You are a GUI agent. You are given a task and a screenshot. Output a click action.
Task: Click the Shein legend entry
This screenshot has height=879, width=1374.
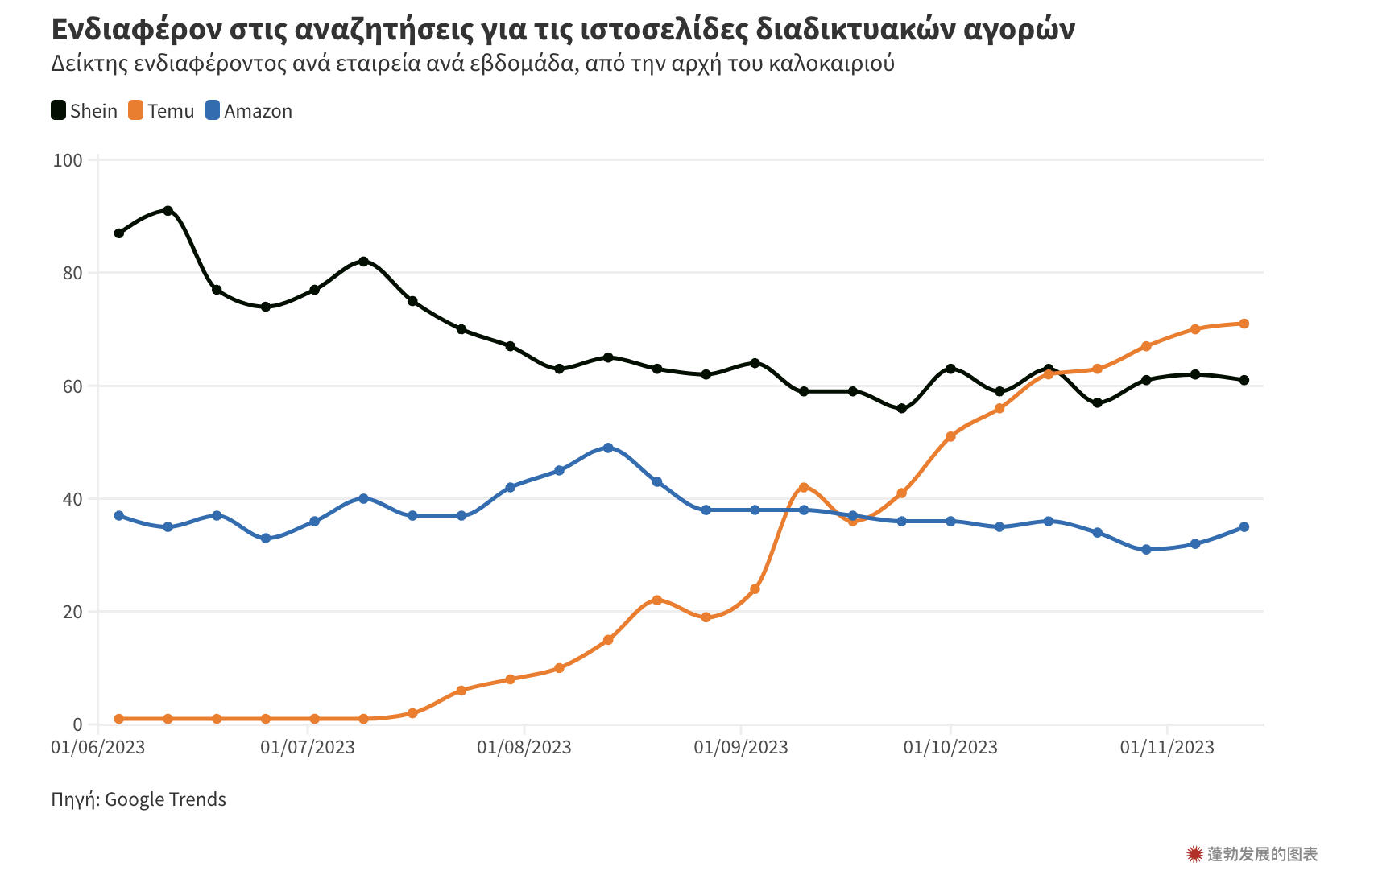click(x=85, y=111)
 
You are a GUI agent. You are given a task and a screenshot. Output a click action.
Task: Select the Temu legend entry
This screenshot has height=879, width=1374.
click(x=162, y=111)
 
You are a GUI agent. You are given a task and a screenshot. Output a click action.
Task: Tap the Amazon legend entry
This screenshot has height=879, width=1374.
click(x=249, y=111)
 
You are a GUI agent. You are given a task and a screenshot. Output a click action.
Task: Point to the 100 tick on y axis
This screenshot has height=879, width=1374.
click(x=68, y=160)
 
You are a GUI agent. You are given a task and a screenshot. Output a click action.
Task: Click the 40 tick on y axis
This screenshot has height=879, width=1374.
click(x=72, y=499)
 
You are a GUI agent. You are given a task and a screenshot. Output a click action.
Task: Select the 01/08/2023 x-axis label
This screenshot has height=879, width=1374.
click(x=524, y=748)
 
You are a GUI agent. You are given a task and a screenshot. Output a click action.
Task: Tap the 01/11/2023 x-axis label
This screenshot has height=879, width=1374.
click(x=1166, y=748)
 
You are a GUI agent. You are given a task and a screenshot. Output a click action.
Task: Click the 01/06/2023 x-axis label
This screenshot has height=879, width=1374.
click(x=97, y=748)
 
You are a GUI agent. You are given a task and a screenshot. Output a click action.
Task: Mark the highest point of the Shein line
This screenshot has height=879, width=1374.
click(x=168, y=211)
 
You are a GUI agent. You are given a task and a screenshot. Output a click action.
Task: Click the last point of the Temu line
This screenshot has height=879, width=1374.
click(x=1244, y=324)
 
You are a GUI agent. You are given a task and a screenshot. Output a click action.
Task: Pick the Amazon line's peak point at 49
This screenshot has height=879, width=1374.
click(x=608, y=448)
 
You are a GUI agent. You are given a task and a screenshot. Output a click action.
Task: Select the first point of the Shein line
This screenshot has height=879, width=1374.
click(x=119, y=233)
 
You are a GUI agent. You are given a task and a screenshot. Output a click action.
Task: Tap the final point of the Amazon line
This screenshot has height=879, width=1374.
click(x=1244, y=527)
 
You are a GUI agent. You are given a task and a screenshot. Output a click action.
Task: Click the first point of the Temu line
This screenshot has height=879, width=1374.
click(x=119, y=719)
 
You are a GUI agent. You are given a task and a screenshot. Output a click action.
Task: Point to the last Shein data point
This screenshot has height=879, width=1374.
click(x=1244, y=380)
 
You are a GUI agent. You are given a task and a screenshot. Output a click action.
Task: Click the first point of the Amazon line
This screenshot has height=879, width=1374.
click(x=119, y=515)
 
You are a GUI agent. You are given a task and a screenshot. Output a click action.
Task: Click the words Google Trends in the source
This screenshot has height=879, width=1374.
click(x=165, y=799)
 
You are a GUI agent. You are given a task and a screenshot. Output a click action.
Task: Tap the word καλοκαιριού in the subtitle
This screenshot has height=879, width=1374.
click(x=831, y=64)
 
